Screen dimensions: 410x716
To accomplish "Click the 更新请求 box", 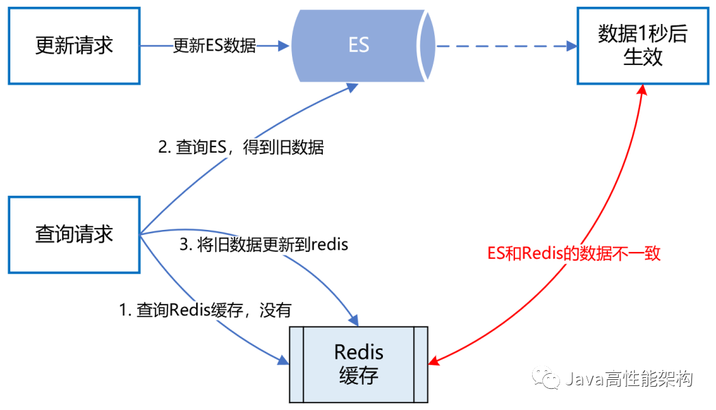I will (x=74, y=46).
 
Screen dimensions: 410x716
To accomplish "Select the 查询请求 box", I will (x=74, y=234).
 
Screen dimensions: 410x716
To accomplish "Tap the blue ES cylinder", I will (x=359, y=45).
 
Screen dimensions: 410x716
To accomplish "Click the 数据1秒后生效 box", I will (x=643, y=46).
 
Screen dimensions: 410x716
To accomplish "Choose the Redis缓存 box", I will (x=358, y=363).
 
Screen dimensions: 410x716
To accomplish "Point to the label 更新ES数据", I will (x=214, y=46).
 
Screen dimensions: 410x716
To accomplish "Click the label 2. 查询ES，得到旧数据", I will (x=241, y=147).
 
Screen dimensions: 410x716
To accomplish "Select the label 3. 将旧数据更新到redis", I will (x=263, y=244).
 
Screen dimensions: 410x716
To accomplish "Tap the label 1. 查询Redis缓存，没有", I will (x=205, y=310).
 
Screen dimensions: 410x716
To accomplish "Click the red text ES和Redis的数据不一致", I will (x=574, y=253).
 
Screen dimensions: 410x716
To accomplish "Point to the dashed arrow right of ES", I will (x=503, y=46).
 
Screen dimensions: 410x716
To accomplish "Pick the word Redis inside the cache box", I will (x=358, y=352).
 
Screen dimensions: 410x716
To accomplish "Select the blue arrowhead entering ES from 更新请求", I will (x=284, y=46).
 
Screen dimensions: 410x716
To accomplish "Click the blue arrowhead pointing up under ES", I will (x=353, y=87).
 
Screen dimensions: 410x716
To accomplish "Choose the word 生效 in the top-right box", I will (x=643, y=57).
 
